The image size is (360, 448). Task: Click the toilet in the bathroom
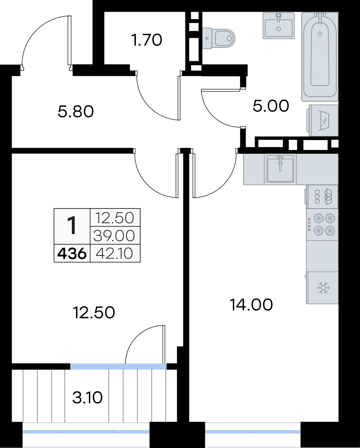[219, 38]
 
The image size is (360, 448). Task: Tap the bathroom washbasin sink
[278, 26]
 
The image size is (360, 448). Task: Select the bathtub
[320, 56]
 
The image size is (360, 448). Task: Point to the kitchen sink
[280, 169]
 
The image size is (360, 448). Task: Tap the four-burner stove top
[322, 225]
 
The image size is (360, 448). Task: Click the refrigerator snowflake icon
[323, 288]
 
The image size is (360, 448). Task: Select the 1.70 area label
[147, 40]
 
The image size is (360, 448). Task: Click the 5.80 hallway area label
[75, 112]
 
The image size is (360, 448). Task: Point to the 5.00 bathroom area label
[271, 106]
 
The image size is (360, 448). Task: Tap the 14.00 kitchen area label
[251, 305]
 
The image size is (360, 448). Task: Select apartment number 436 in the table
[72, 254]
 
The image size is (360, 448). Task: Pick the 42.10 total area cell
[114, 254]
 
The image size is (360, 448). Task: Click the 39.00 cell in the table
[114, 236]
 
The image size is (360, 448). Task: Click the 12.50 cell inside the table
[114, 218]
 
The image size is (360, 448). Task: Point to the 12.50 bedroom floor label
[94, 312]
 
